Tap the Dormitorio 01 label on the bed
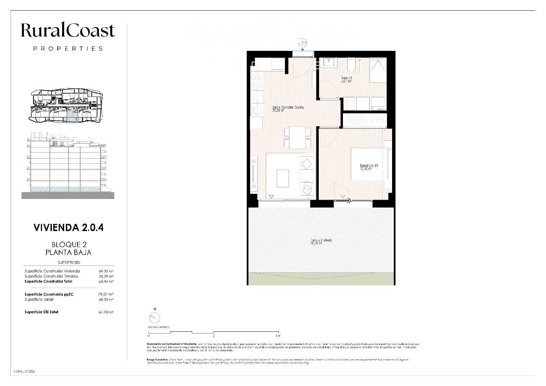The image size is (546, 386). pyautogui.click(x=369, y=167)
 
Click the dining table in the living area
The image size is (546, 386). pyautogui.click(x=297, y=138)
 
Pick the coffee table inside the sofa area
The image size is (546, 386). pyautogui.click(x=283, y=178)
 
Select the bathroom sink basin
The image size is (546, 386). pyautogui.click(x=330, y=63)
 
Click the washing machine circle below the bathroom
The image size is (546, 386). pyautogui.click(x=349, y=103)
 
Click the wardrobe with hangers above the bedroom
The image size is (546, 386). pyautogui.click(x=365, y=120)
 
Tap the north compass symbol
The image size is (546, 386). pyautogui.click(x=155, y=318)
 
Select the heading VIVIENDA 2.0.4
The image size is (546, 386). pyautogui.click(x=68, y=228)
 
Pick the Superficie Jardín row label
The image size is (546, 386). pyautogui.click(x=39, y=299)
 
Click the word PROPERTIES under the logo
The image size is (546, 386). pyautogui.click(x=68, y=48)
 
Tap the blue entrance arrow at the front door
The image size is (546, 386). pyautogui.click(x=302, y=49)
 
